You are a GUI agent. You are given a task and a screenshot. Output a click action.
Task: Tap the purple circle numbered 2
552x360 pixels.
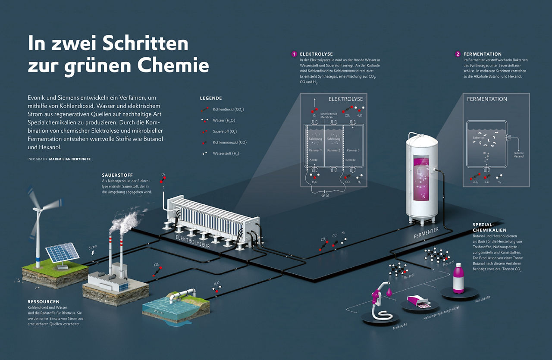pyautogui.click(x=458, y=54)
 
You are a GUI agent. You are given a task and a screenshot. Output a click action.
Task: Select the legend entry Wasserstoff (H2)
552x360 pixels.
pyautogui.click(x=226, y=153)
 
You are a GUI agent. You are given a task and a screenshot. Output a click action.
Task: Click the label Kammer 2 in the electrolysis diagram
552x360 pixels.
pyautogui.click(x=334, y=150)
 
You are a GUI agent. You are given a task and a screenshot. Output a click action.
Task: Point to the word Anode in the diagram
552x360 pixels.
pyautogui.click(x=314, y=160)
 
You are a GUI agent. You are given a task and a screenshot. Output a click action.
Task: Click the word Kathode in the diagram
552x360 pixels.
pyautogui.click(x=351, y=160)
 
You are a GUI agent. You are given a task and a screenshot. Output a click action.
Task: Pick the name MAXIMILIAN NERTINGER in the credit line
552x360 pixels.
pyautogui.click(x=70, y=159)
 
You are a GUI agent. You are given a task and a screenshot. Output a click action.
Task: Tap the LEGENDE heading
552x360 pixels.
pyautogui.click(x=211, y=98)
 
